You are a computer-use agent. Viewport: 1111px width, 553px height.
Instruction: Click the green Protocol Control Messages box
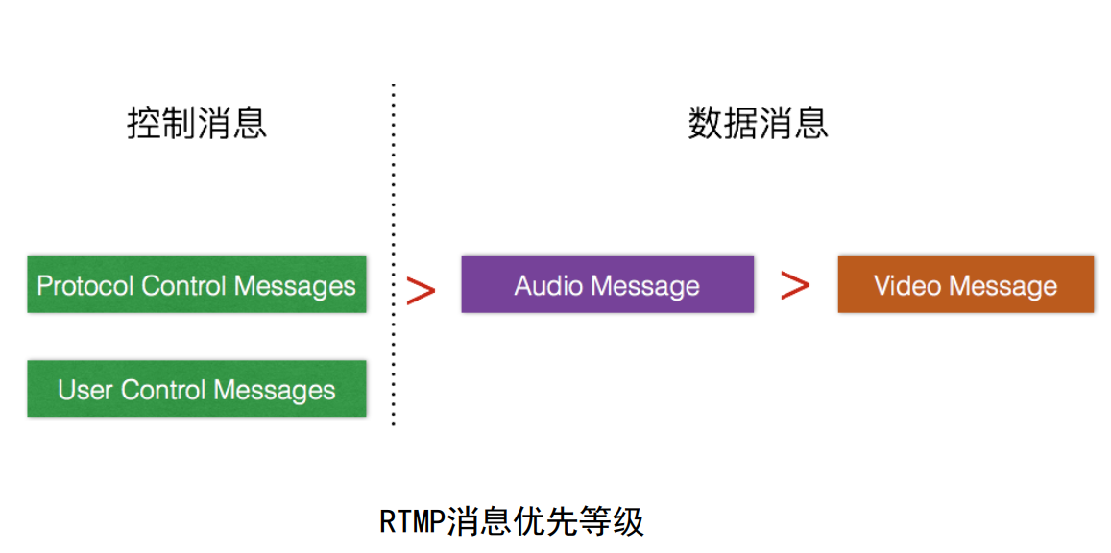[x=196, y=284]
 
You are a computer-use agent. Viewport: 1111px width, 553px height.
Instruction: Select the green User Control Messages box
[x=196, y=389]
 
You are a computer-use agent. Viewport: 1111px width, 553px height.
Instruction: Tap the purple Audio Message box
[x=607, y=284]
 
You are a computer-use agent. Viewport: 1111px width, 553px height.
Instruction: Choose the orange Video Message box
[x=965, y=284]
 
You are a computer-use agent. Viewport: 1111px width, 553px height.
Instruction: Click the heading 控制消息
[x=197, y=124]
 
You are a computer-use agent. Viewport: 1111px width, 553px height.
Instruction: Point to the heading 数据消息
[x=758, y=124]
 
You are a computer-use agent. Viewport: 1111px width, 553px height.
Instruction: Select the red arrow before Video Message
[x=795, y=284]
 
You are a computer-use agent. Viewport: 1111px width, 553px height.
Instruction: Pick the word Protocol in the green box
[x=85, y=285]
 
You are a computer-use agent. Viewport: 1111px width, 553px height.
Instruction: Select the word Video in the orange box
[x=905, y=285]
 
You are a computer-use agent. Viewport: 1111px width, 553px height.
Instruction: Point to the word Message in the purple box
[x=645, y=285]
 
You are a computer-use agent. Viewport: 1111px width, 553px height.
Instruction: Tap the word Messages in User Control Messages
[x=275, y=390]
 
